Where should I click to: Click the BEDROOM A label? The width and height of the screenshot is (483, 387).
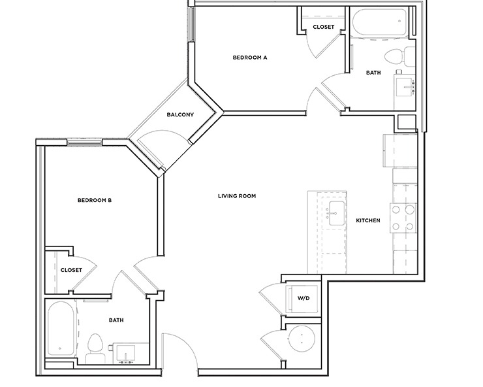251,58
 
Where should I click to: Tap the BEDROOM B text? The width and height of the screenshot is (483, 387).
95,201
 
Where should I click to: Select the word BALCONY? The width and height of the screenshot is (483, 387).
180,115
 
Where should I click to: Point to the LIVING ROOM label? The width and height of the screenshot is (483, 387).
236,195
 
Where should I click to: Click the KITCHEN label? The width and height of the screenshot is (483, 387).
367,221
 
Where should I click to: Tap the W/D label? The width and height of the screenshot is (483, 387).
304,299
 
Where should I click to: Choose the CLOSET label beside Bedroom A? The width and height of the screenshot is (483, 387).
323,27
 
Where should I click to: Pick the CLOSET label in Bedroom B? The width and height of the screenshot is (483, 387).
70,270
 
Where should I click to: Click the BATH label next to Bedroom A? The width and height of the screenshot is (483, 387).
373,73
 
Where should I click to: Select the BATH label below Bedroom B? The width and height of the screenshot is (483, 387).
117,320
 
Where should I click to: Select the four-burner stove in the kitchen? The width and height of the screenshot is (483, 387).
403,218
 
